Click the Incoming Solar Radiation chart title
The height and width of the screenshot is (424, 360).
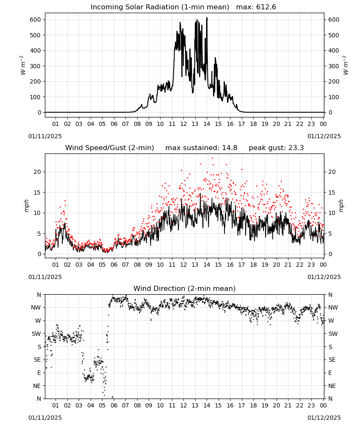click(x=160, y=7)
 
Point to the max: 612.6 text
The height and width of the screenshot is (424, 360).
click(x=256, y=7)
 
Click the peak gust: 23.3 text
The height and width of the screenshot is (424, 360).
click(x=276, y=148)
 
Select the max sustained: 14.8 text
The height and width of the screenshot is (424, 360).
click(x=201, y=148)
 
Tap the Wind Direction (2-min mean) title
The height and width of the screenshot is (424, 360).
click(x=185, y=288)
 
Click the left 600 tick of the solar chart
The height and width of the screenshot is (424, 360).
click(x=36, y=20)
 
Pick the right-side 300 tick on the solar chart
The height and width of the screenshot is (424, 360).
click(x=334, y=66)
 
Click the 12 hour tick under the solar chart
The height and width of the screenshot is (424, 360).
click(x=183, y=124)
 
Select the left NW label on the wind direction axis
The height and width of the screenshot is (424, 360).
click(x=36, y=308)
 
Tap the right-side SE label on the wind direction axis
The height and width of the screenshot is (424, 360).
click(x=332, y=360)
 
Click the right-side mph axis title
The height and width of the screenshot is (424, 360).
click(x=341, y=206)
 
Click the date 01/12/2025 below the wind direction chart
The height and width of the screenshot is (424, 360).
click(x=324, y=418)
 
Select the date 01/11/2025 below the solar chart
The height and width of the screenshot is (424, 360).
click(x=45, y=136)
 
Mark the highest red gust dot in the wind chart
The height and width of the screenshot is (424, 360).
click(x=212, y=159)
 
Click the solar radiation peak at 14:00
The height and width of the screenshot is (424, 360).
click(x=207, y=17)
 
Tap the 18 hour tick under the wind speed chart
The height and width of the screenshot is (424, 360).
click(x=253, y=265)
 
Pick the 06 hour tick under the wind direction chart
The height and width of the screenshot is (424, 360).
click(x=114, y=406)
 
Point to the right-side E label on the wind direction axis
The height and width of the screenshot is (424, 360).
click(x=330, y=373)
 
